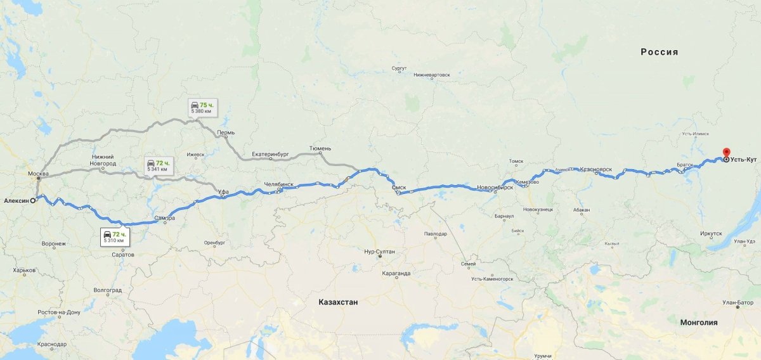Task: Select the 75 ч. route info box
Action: coord(202,107)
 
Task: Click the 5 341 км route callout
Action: coord(157,165)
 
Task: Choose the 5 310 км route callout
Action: coord(115,237)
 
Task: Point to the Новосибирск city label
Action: coord(495,188)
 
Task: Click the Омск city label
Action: coord(399,188)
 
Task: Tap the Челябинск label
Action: coord(279,184)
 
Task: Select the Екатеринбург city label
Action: coord(270,154)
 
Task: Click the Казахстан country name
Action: coord(338,302)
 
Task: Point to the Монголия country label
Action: coord(698,322)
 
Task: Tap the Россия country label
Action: coord(659,52)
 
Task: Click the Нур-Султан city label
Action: coord(379,252)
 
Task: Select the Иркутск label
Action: coord(711,233)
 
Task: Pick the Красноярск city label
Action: coord(595,170)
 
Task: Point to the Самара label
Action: coord(165,219)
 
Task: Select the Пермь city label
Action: coord(226,133)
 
